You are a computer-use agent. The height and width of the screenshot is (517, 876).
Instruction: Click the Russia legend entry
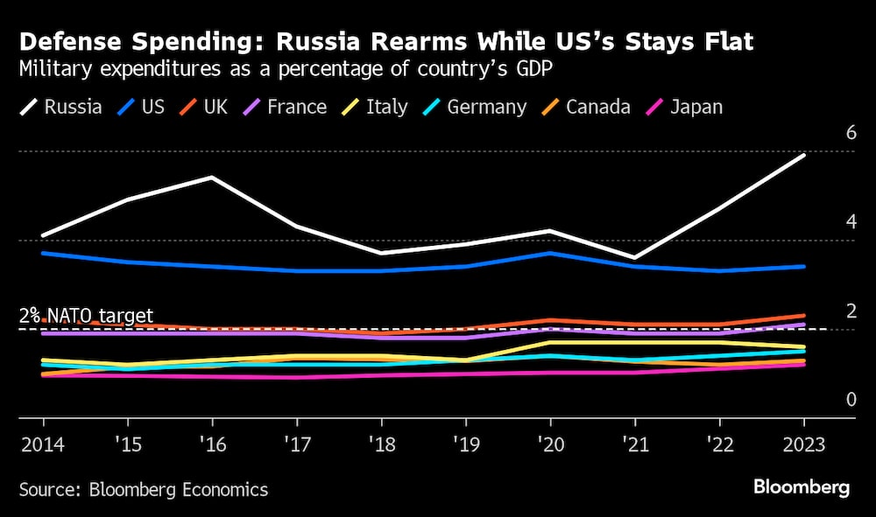[x=61, y=108]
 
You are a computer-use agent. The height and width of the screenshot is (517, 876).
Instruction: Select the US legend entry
[x=142, y=108]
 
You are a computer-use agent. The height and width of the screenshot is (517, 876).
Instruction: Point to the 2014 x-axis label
[x=41, y=444]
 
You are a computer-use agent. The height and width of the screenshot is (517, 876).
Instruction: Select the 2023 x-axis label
[x=803, y=444]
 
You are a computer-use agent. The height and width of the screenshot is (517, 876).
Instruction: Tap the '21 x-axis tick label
[x=634, y=444]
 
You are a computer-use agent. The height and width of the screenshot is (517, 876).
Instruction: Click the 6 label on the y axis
[x=850, y=133]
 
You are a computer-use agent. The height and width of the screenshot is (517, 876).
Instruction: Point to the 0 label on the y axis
[x=850, y=400]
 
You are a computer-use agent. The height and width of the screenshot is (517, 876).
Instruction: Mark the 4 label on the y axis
[x=850, y=222]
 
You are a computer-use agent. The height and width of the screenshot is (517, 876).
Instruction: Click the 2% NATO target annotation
[x=86, y=316]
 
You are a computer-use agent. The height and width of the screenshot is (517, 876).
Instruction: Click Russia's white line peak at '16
[x=211, y=178]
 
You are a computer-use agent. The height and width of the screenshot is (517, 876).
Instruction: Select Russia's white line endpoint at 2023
[x=804, y=155]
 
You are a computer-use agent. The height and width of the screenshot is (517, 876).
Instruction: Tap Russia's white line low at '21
[x=634, y=258]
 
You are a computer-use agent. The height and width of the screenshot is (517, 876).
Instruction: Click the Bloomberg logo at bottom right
[x=801, y=488]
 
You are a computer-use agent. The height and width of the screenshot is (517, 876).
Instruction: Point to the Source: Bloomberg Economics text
[x=144, y=489]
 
